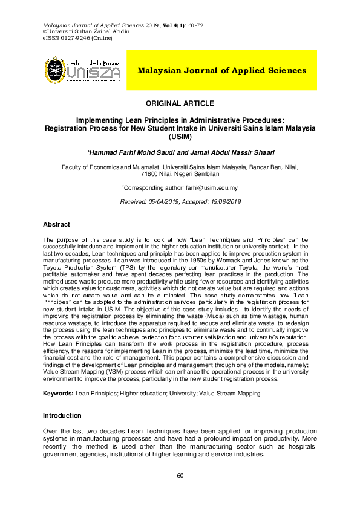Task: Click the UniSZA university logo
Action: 82,70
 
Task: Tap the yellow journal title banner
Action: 221,70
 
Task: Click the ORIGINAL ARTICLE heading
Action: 180,103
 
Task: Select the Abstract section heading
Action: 56,224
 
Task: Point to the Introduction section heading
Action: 62,415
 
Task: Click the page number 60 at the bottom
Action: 180,476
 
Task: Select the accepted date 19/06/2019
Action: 221,201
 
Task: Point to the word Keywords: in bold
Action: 58,393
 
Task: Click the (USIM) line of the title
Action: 180,137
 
